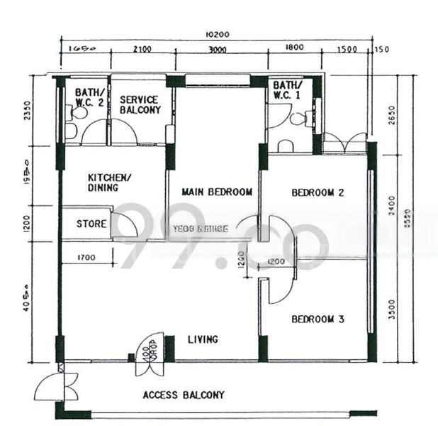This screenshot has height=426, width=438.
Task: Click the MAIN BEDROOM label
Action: [x=217, y=192]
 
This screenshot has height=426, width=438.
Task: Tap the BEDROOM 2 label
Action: [x=318, y=192]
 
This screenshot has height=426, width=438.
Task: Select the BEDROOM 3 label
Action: [x=318, y=319]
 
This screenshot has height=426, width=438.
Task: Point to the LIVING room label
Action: [x=203, y=339]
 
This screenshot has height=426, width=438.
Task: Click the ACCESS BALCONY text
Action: [x=184, y=395]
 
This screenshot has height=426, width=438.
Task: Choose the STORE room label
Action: [x=91, y=224]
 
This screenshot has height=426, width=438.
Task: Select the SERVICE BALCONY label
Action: [x=139, y=105]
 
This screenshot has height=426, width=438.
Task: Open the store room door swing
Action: [x=125, y=225]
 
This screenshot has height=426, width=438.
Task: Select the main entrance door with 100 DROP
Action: [x=150, y=354]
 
